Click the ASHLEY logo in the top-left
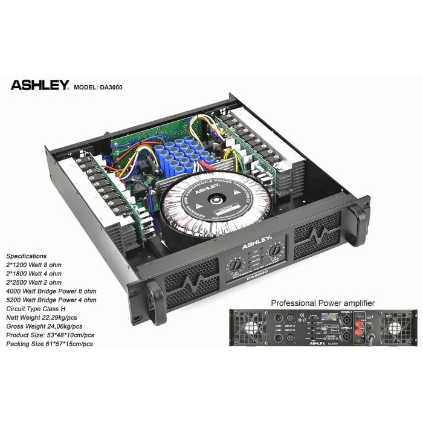(40, 85)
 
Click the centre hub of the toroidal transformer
(215, 201)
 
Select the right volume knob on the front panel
(276, 249)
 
